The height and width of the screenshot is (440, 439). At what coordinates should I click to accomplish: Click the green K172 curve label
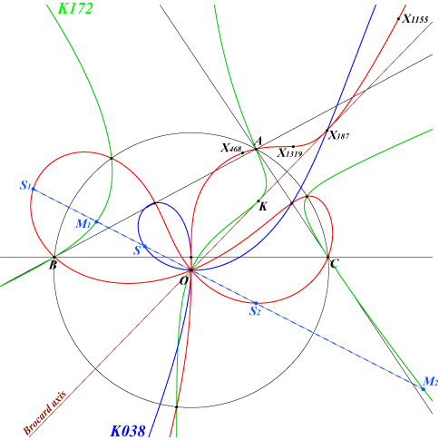pyautogui.click(x=75, y=8)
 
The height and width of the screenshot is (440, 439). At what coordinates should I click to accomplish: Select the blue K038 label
pyautogui.click(x=128, y=431)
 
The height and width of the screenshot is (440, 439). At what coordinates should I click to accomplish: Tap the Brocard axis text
pyautogui.click(x=44, y=414)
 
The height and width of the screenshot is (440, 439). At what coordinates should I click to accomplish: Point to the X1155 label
pyautogui.click(x=415, y=19)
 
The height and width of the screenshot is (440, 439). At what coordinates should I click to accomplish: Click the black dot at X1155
pyautogui.click(x=398, y=19)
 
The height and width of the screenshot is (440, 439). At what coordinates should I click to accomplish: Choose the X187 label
pyautogui.click(x=339, y=135)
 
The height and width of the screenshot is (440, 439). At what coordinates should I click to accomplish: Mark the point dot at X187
pyautogui.click(x=327, y=131)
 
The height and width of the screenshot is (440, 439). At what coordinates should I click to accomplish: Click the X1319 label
pyautogui.click(x=290, y=153)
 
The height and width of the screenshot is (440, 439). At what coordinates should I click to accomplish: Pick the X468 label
pyautogui.click(x=231, y=148)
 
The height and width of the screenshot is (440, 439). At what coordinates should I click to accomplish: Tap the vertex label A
pyautogui.click(x=259, y=141)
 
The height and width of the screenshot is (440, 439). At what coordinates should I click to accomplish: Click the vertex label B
pyautogui.click(x=54, y=266)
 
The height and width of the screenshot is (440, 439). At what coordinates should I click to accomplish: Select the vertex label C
pyautogui.click(x=334, y=264)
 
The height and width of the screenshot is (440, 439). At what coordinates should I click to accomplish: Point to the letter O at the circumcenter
pyautogui.click(x=184, y=281)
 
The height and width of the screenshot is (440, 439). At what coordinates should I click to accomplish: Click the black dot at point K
pyautogui.click(x=259, y=201)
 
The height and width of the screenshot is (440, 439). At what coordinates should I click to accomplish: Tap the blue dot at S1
pyautogui.click(x=34, y=190)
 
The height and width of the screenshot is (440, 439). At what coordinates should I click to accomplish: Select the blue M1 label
pyautogui.click(x=83, y=224)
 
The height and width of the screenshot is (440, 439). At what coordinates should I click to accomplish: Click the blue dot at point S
pyautogui.click(x=144, y=246)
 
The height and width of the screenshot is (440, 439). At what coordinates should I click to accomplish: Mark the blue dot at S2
pyautogui.click(x=256, y=303)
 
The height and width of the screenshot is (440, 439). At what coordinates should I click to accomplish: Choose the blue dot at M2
pyautogui.click(x=424, y=389)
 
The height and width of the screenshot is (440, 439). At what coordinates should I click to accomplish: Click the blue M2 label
pyautogui.click(x=431, y=381)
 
